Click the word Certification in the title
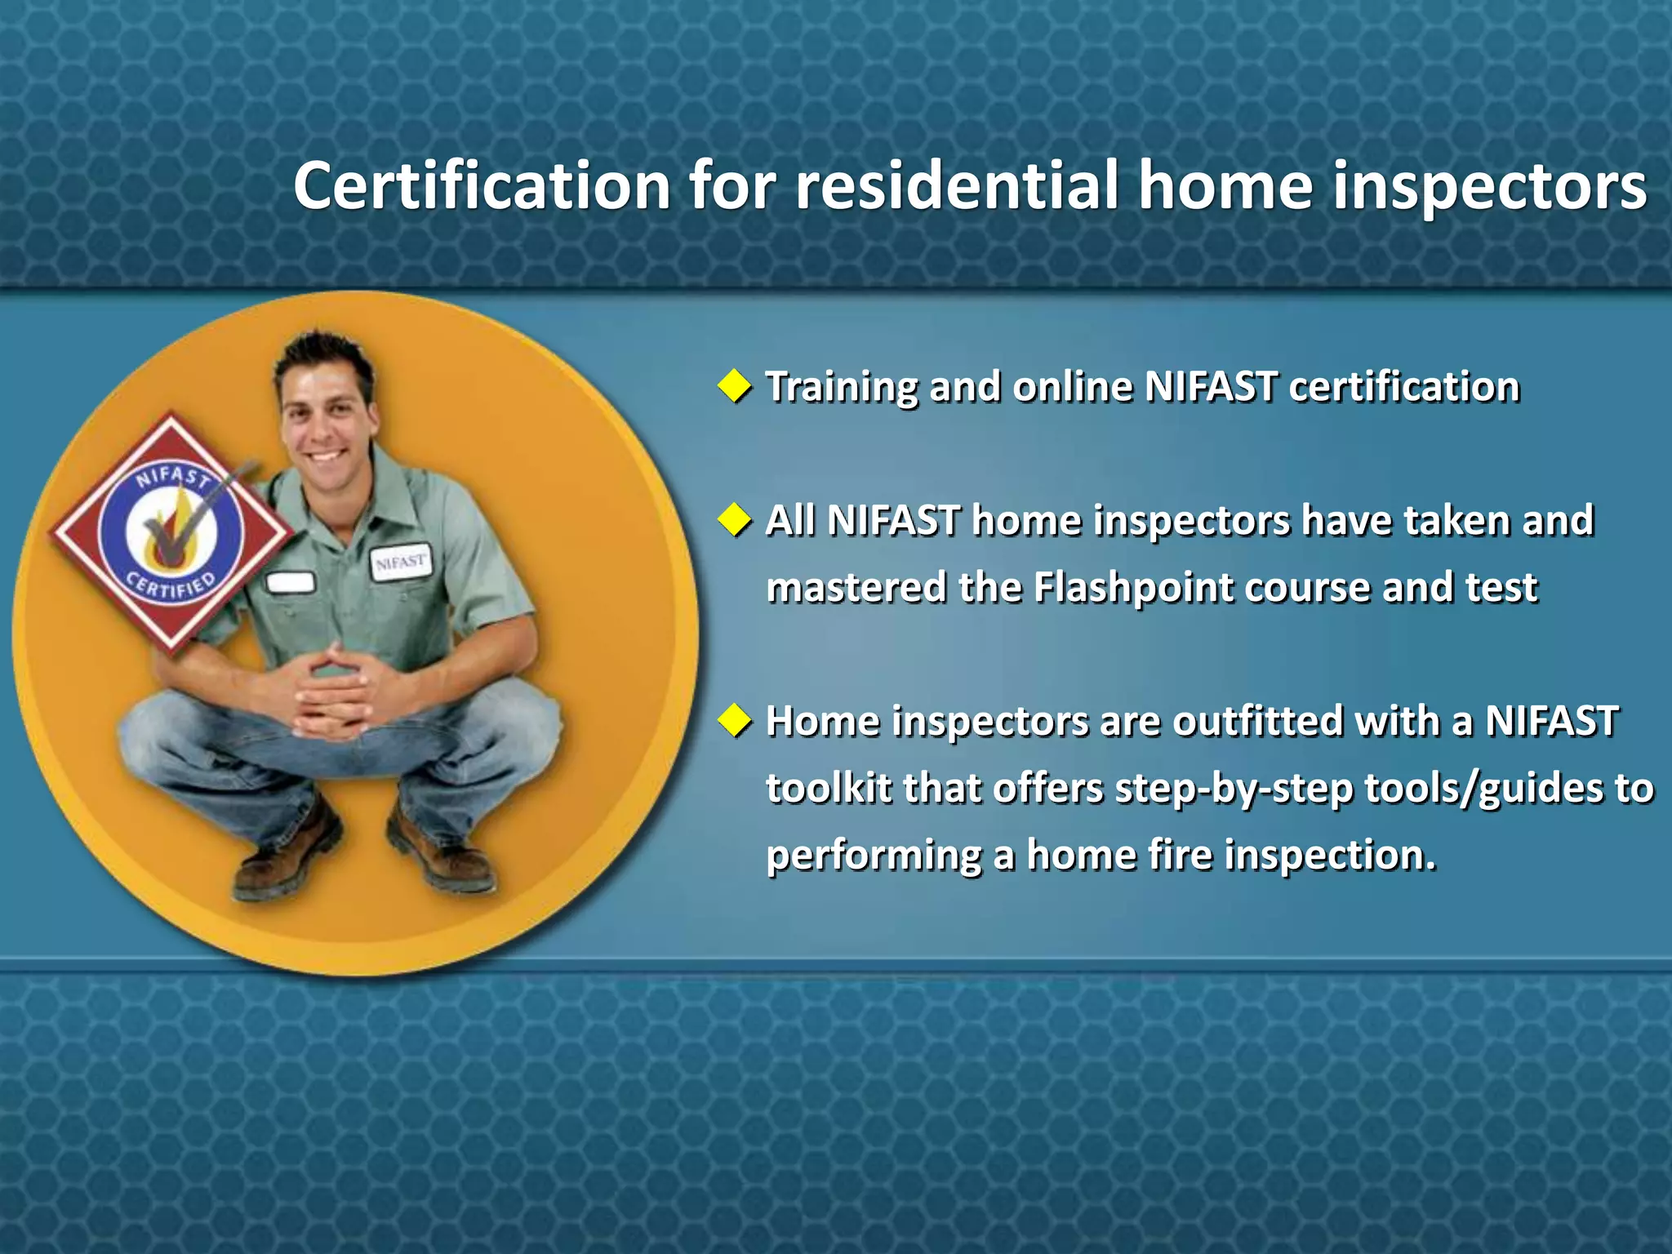[482, 186]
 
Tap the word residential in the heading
[956, 186]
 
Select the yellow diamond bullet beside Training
[735, 385]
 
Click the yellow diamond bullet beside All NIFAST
[735, 520]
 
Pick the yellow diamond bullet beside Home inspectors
[735, 721]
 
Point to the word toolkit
[828, 789]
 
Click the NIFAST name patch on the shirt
[401, 562]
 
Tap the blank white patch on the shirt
[291, 582]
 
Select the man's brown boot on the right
[441, 849]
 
